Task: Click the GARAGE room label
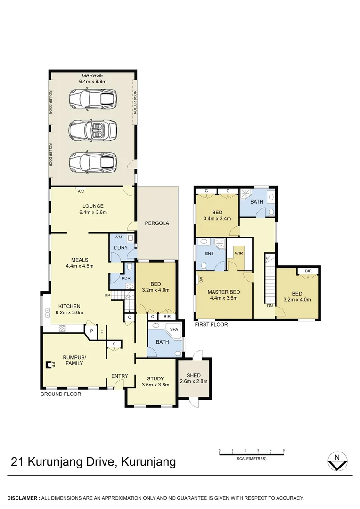click(x=93, y=75)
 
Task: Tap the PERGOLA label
click(x=157, y=223)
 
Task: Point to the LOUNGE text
click(x=93, y=206)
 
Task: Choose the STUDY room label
click(x=155, y=378)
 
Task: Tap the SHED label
click(x=194, y=375)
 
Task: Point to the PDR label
click(x=126, y=278)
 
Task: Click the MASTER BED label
click(x=224, y=292)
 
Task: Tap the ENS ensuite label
click(x=209, y=253)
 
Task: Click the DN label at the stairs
click(x=270, y=306)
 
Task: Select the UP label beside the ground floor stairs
click(x=107, y=295)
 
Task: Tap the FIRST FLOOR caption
click(x=211, y=325)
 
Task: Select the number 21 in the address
click(x=17, y=462)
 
